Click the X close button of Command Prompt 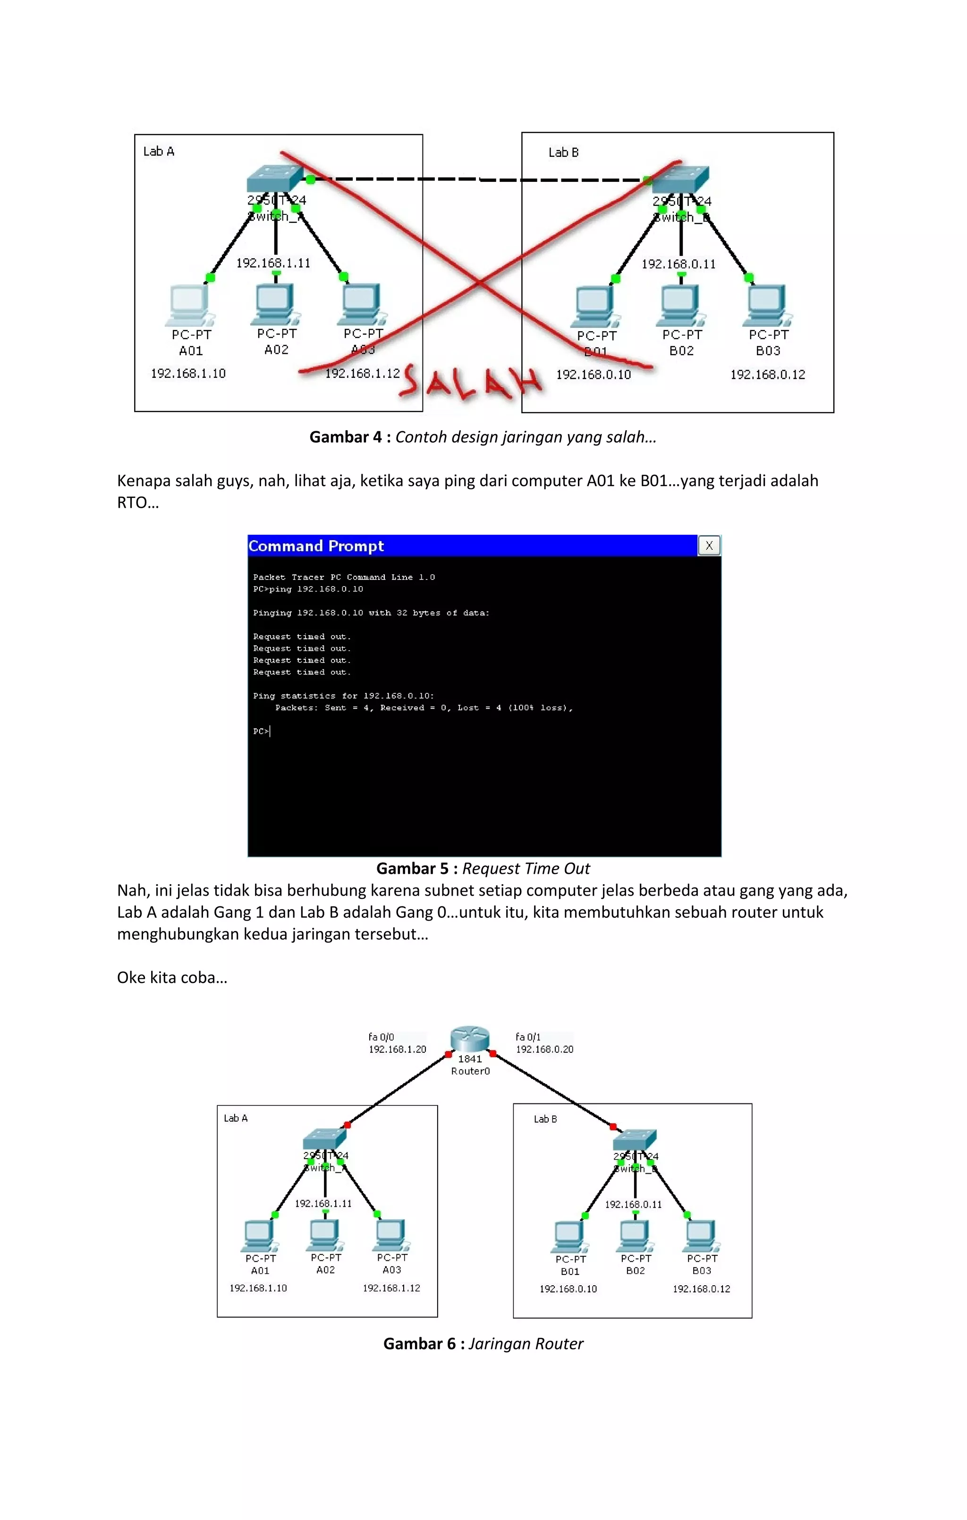click(x=709, y=546)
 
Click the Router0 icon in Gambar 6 click(x=470, y=1039)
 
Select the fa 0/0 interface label click(x=381, y=1036)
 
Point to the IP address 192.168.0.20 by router click(x=544, y=1049)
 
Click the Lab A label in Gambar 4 click(x=159, y=152)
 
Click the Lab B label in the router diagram click(x=545, y=1119)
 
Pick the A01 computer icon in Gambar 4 click(x=189, y=305)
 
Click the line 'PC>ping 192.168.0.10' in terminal click(x=308, y=589)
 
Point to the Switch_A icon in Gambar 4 click(x=275, y=178)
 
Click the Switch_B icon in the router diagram click(x=634, y=1139)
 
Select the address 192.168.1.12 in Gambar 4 click(x=362, y=374)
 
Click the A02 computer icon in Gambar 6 click(x=324, y=1235)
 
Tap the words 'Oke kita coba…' click(x=172, y=978)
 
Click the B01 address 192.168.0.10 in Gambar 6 click(x=568, y=1289)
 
